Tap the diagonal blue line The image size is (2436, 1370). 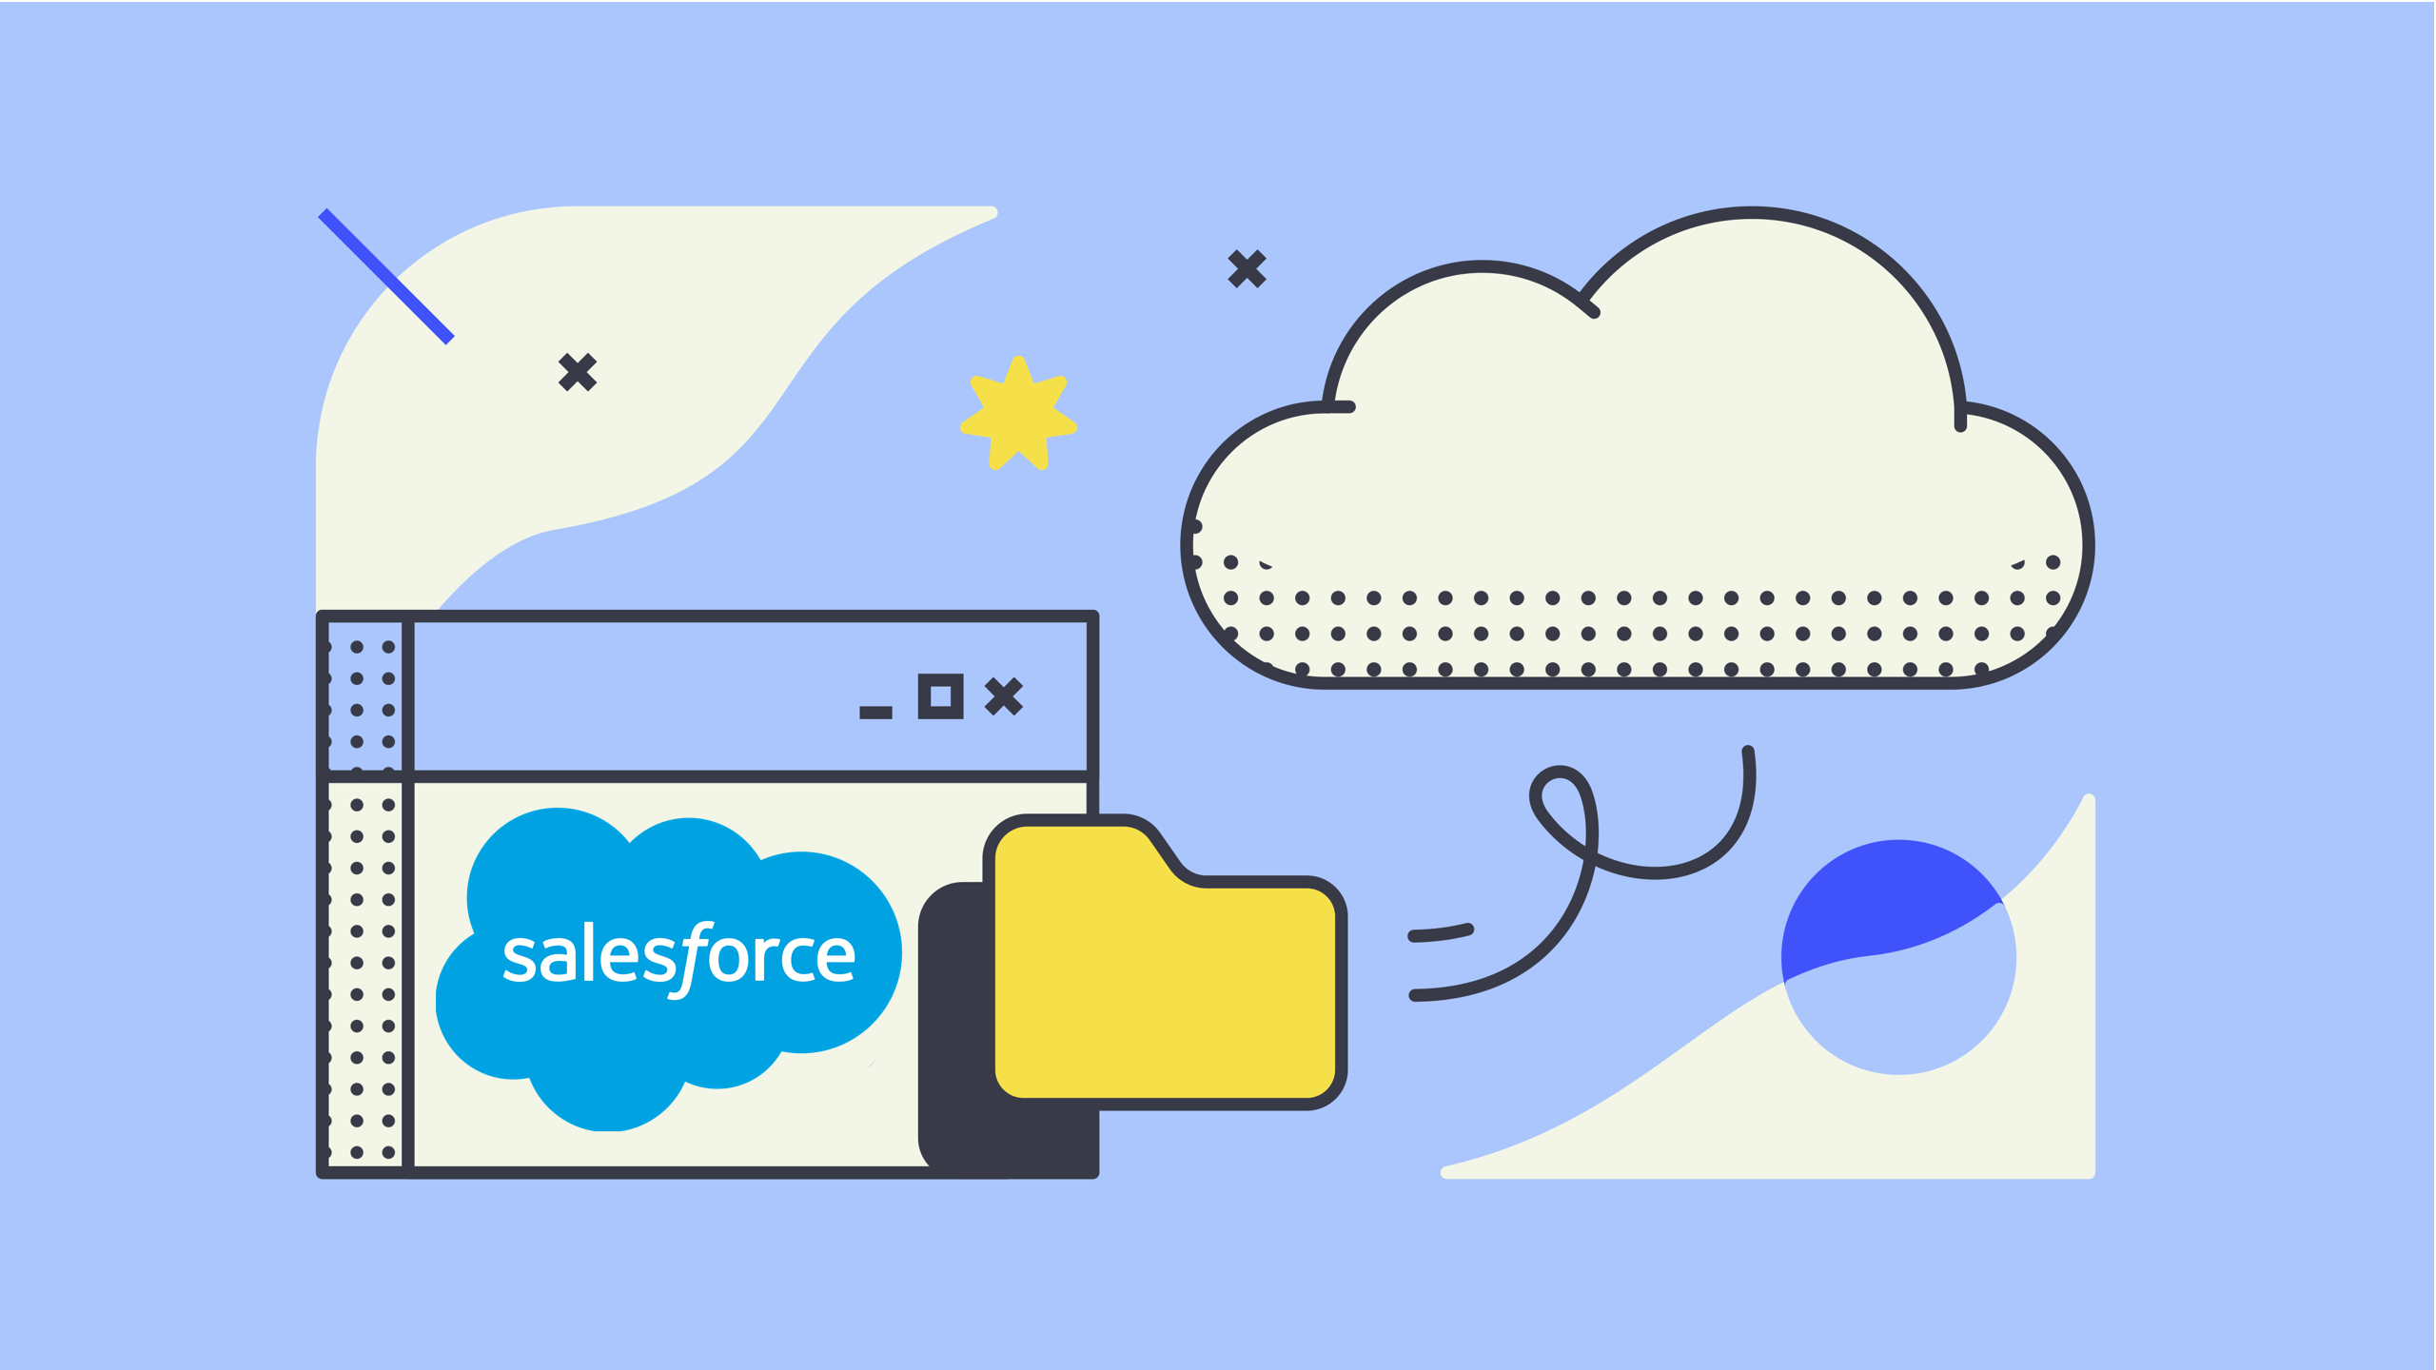point(385,276)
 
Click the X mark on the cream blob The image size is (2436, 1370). point(578,372)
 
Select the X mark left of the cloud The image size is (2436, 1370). point(1247,268)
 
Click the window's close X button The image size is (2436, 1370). point(1003,696)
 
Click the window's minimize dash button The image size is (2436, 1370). point(875,712)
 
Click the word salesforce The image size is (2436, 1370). point(678,956)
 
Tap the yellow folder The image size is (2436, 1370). point(1166,989)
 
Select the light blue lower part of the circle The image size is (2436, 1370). point(1903,1018)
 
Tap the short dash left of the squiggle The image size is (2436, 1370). point(1441,932)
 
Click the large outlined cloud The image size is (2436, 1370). point(1637,457)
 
